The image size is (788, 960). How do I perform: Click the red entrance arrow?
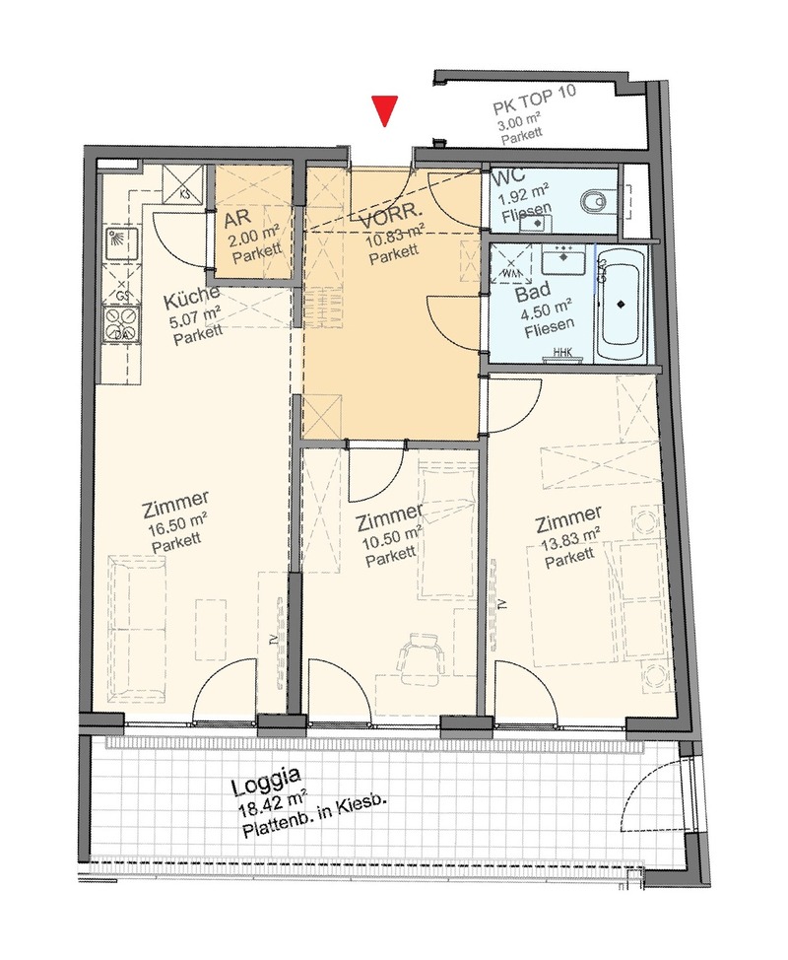384,110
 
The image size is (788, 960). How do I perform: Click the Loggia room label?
266,782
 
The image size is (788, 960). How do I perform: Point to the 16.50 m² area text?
178,524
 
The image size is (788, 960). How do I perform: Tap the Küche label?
191,298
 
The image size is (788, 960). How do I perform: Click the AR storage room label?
237,218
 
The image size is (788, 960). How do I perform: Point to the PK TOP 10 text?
535,100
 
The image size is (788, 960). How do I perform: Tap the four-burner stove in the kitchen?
122,323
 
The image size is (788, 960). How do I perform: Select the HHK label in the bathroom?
560,352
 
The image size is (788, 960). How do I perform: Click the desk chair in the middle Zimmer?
421,657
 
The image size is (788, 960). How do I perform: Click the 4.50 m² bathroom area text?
547,309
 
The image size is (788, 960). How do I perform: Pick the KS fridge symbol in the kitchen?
182,183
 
